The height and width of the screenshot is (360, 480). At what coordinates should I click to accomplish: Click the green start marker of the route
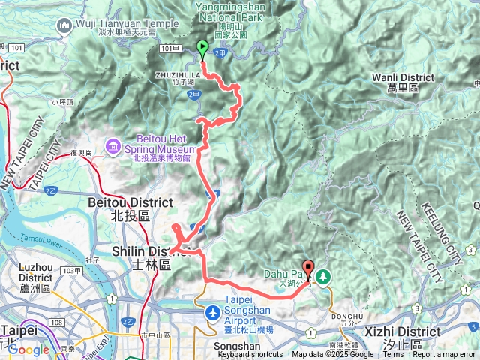[x=202, y=49]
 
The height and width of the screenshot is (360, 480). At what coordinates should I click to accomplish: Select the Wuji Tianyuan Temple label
[x=118, y=22]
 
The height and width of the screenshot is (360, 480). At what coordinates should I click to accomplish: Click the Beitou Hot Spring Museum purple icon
[x=112, y=143]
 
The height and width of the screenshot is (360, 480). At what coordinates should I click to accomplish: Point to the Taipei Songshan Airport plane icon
[x=212, y=310]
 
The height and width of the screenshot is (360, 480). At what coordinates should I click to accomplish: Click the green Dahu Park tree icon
[x=323, y=277]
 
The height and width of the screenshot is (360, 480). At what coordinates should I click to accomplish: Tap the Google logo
[x=28, y=349]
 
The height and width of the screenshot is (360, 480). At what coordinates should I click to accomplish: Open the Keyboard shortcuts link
[x=250, y=355]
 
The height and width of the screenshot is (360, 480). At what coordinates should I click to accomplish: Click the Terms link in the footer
[x=393, y=355]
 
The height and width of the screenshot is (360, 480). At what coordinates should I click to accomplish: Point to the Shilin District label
[x=142, y=250]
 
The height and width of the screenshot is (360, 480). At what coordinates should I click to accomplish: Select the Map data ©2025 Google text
[x=333, y=355]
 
